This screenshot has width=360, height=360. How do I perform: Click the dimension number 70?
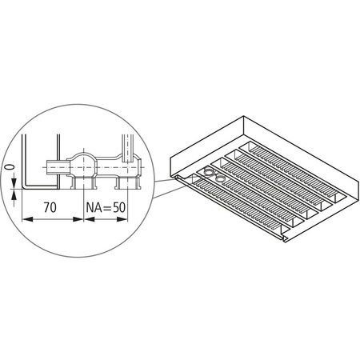click(49, 206)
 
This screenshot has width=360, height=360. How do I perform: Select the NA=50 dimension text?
click(106, 206)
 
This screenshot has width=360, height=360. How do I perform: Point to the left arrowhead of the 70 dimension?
click(25, 218)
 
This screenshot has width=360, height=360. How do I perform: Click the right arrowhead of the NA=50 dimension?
click(124, 218)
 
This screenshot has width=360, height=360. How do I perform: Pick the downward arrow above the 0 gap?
click(14, 178)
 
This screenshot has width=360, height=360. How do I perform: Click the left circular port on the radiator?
click(208, 172)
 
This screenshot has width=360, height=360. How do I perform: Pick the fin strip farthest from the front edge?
click(280, 155)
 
